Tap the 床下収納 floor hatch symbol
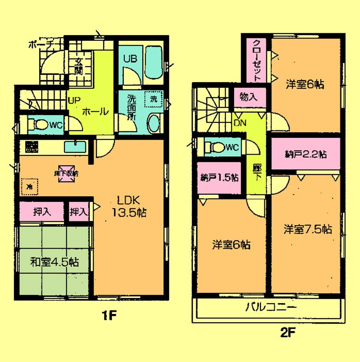(x=66, y=174)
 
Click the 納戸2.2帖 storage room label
(x=306, y=153)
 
